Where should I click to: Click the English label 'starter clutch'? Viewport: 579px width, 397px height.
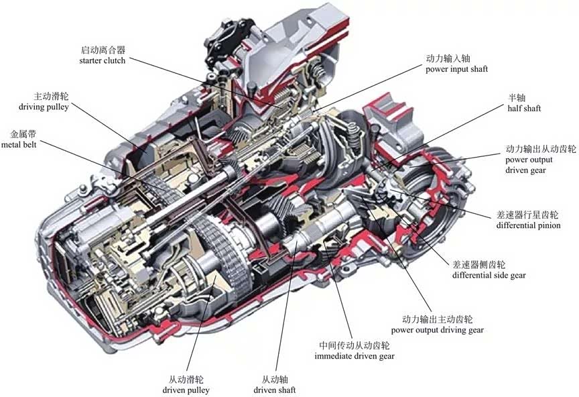(x=102, y=61)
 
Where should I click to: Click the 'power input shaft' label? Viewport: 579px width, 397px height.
(x=456, y=69)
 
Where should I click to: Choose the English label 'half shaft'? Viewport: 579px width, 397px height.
(x=524, y=108)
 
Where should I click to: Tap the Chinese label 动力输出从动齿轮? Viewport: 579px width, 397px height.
(x=540, y=149)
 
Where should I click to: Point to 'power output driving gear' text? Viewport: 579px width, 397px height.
(x=437, y=330)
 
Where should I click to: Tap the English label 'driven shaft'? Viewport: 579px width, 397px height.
(x=274, y=390)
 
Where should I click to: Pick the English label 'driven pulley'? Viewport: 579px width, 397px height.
(x=186, y=390)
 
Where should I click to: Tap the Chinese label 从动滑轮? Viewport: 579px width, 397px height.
(x=186, y=379)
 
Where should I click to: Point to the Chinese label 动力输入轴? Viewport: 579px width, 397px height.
(x=448, y=58)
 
